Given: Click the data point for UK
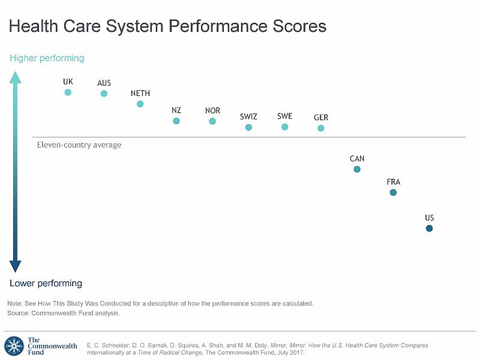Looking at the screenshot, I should click(68, 92).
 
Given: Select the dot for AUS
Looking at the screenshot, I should click(104, 94).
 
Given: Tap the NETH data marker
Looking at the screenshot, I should click(140, 104).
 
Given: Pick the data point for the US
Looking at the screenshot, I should click(429, 229).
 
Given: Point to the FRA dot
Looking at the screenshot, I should click(393, 193).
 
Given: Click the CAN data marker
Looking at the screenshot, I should click(357, 169).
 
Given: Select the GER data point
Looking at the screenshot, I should click(321, 128).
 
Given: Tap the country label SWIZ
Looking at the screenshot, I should click(248, 116).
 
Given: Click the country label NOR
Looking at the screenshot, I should click(212, 110).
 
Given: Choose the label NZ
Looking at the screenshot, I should click(176, 110).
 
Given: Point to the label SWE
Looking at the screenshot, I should click(285, 116).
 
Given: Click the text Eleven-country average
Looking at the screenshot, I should click(79, 145).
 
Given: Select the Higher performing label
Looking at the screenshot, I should click(47, 58).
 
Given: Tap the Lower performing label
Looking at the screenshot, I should click(46, 283).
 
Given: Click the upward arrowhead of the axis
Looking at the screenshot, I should click(16, 77).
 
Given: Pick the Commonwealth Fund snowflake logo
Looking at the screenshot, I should click(14, 346).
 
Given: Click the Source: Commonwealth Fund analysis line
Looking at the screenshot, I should click(64, 313).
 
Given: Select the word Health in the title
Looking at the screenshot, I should click(34, 26).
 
